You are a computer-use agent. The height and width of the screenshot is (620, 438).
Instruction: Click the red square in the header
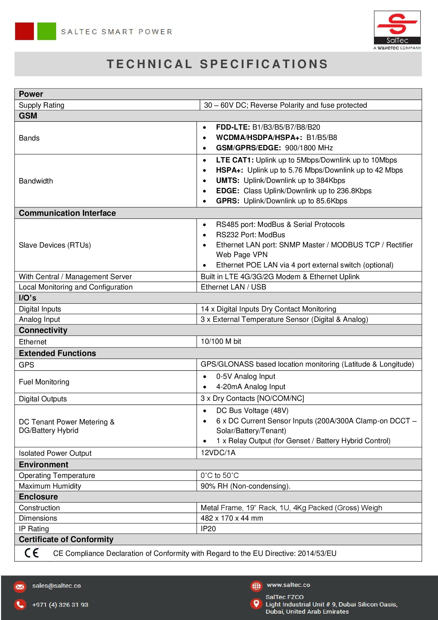pyautogui.click(x=24, y=31)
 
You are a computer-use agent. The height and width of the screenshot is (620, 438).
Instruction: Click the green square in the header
pyautogui.click(x=47, y=31)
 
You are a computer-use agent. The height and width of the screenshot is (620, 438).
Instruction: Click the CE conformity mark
pyautogui.click(x=32, y=553)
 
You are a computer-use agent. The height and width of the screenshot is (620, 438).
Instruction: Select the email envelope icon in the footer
pyautogui.click(x=20, y=587)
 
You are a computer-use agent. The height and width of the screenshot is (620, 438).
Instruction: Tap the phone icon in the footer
pyautogui.click(x=20, y=604)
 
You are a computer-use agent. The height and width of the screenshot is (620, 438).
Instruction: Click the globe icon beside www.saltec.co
pyautogui.click(x=256, y=586)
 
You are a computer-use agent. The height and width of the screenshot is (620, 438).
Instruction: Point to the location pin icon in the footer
pyautogui.click(x=256, y=604)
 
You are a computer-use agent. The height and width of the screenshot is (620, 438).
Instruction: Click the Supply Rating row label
pyautogui.click(x=42, y=105)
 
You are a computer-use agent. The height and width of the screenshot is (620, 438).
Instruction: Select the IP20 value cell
pyautogui.click(x=208, y=529)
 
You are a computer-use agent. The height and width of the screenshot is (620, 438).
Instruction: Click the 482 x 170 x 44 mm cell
pyautogui.click(x=232, y=518)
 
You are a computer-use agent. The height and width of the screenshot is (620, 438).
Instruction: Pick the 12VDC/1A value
pyautogui.click(x=218, y=452)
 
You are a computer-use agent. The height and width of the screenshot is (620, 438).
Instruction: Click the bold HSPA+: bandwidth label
pyautogui.click(x=230, y=170)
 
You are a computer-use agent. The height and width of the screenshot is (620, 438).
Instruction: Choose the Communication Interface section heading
pyautogui.click(x=67, y=213)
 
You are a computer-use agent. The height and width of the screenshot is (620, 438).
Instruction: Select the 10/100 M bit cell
pyautogui.click(x=221, y=341)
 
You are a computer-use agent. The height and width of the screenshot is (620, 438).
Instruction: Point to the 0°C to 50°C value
pyautogui.click(x=220, y=475)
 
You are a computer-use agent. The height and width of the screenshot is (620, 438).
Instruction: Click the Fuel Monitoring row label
pyautogui.click(x=44, y=381)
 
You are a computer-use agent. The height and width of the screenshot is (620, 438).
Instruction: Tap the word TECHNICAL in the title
pyautogui.click(x=149, y=64)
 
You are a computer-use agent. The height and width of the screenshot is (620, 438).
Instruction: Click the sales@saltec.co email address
pyautogui.click(x=56, y=586)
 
